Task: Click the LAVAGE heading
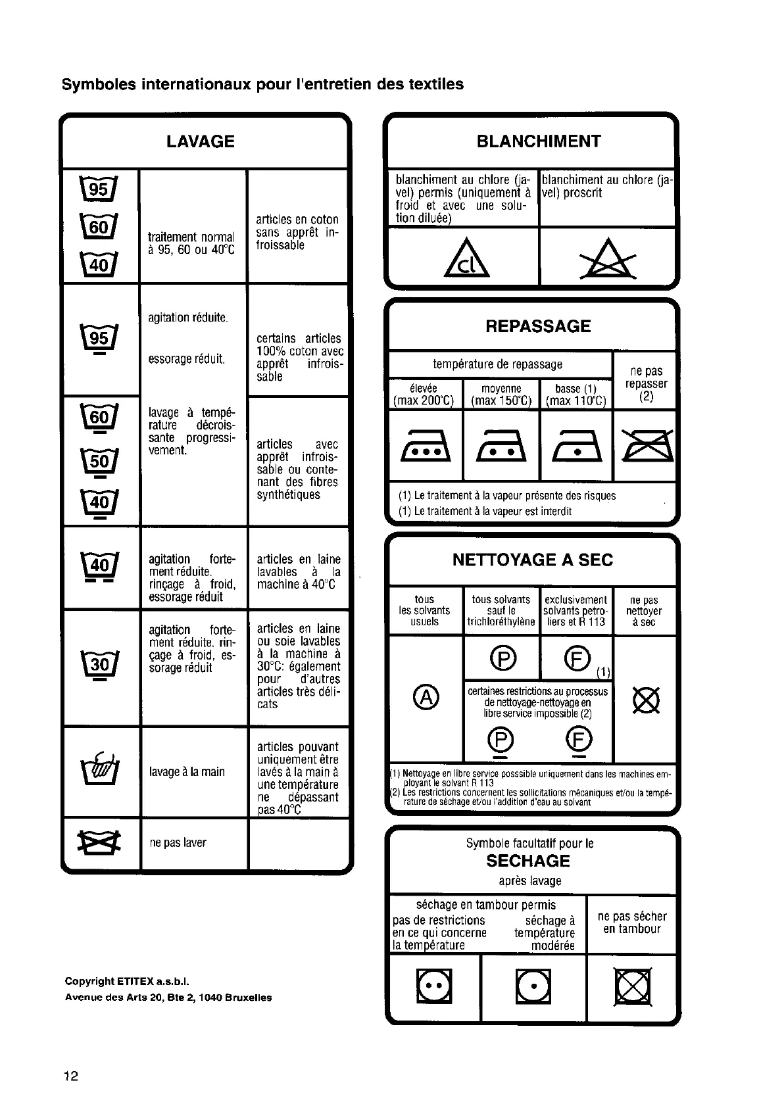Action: [200, 141]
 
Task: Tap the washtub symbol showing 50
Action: [101, 461]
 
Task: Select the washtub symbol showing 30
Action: [101, 665]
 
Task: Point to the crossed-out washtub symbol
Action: [101, 842]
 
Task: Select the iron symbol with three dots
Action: [426, 447]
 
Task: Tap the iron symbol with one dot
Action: [577, 447]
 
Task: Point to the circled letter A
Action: [426, 698]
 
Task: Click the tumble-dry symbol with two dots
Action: [433, 987]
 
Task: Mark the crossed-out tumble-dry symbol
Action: [631, 987]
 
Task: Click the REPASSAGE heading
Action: [537, 326]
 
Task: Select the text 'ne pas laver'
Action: [178, 843]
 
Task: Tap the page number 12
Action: [70, 1076]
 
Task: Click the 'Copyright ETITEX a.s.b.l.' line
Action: [127, 982]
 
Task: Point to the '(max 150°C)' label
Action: [501, 401]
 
